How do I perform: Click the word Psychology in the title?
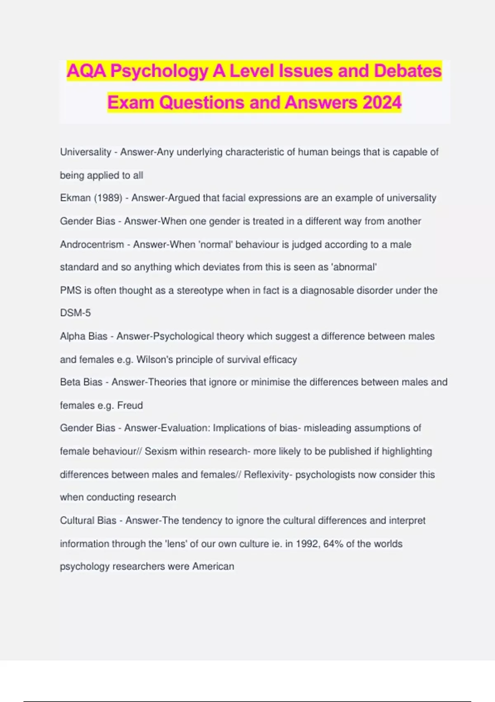point(159,71)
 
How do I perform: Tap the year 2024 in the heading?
point(382,102)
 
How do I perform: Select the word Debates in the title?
point(408,71)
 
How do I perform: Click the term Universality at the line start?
point(85,152)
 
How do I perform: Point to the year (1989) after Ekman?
point(108,198)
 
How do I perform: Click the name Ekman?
point(75,198)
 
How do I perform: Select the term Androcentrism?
point(92,244)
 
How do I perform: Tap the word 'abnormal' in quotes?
point(355,267)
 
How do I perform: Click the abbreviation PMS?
point(71,290)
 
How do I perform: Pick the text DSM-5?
point(75,313)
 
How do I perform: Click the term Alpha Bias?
point(83,336)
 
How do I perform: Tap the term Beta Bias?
point(81,382)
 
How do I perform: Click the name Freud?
point(130,405)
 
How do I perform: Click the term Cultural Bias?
point(88,520)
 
